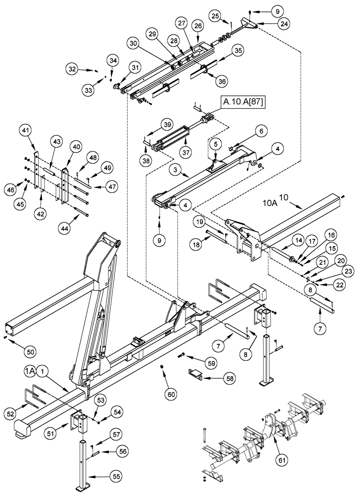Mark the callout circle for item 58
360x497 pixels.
pos(229,378)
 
